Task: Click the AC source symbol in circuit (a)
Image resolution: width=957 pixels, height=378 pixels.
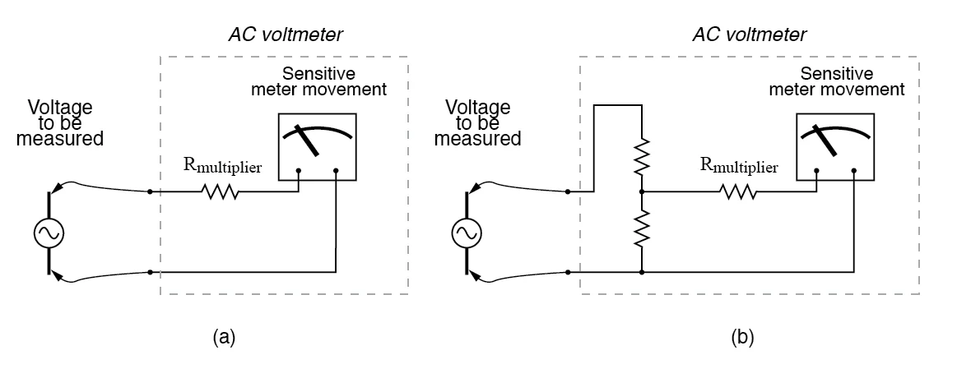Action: point(48,234)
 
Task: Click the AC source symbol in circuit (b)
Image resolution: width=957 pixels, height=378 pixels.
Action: point(466,234)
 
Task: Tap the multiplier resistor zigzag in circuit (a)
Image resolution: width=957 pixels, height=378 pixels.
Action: point(220,192)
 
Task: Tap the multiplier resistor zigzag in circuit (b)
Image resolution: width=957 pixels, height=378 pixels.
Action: point(737,192)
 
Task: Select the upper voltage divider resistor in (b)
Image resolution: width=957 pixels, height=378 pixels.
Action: point(640,156)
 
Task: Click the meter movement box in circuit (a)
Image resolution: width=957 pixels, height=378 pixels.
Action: point(317,145)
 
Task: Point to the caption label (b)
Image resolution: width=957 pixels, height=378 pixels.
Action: point(740,336)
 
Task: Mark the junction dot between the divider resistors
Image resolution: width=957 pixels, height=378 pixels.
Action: point(640,192)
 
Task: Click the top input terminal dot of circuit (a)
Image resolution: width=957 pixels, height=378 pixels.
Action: point(149,192)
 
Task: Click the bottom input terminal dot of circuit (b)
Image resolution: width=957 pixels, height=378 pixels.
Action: point(567,271)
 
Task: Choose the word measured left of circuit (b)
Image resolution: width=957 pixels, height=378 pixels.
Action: point(477,138)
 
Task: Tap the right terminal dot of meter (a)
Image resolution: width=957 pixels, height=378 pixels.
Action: point(337,173)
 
